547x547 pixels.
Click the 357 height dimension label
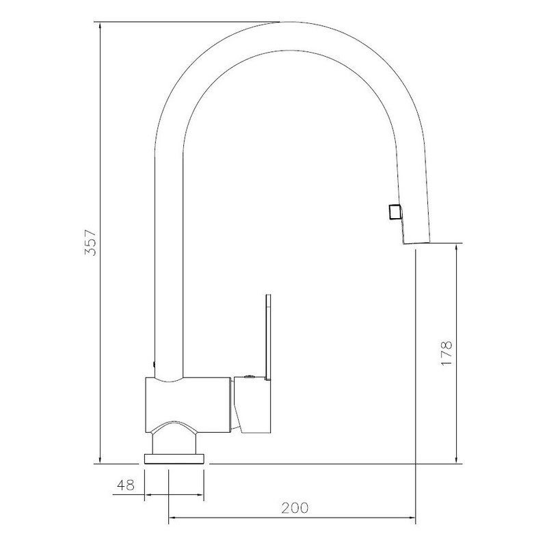90,243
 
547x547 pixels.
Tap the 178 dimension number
446,353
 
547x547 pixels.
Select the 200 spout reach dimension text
295,508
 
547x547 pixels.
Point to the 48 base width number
126,485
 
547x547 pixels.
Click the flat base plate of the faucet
174,459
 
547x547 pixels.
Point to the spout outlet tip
416,243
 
